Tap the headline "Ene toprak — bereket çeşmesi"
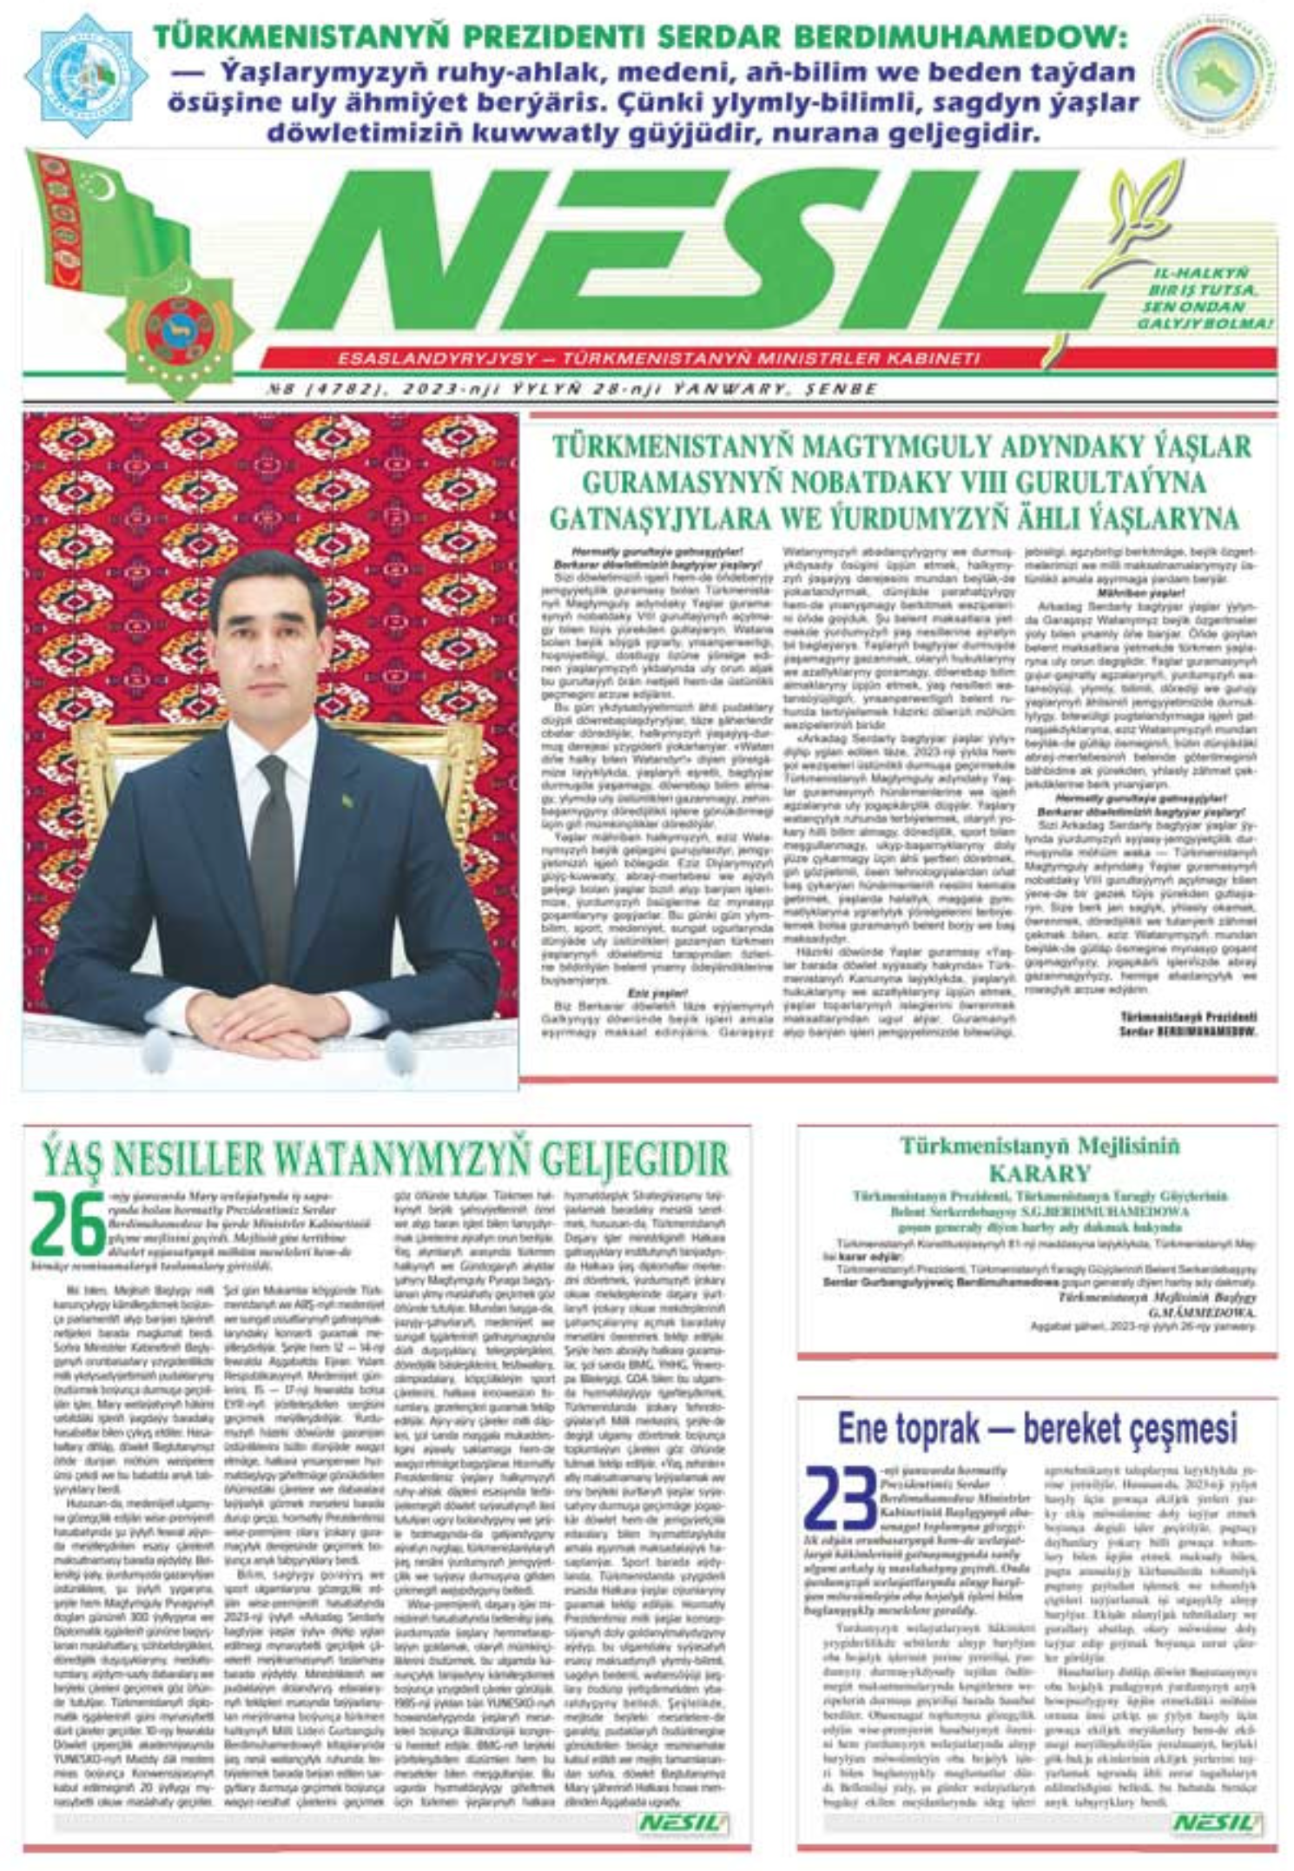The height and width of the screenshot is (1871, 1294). coord(1037,1427)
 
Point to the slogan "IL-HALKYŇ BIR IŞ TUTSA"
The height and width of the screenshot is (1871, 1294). coord(1203,281)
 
